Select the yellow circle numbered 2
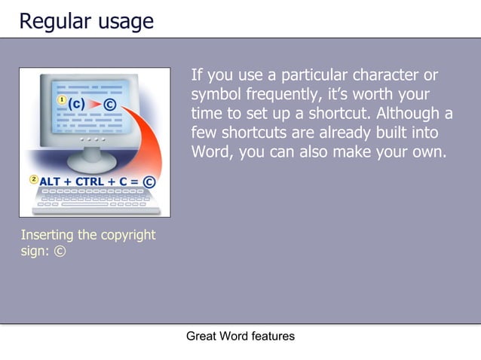pyautogui.click(x=34, y=179)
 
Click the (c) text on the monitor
pyautogui.click(x=76, y=102)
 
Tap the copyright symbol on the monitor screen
pyautogui.click(x=111, y=104)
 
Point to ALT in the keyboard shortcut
pyautogui.click(x=54, y=182)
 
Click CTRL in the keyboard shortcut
pyautogui.click(x=90, y=182)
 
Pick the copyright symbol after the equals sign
pyautogui.click(x=149, y=182)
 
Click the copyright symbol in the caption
pyautogui.click(x=60, y=252)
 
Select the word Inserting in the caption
pyautogui.click(x=47, y=235)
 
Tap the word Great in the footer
pyautogui.click(x=201, y=336)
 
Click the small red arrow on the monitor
pyautogui.click(x=94, y=103)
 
